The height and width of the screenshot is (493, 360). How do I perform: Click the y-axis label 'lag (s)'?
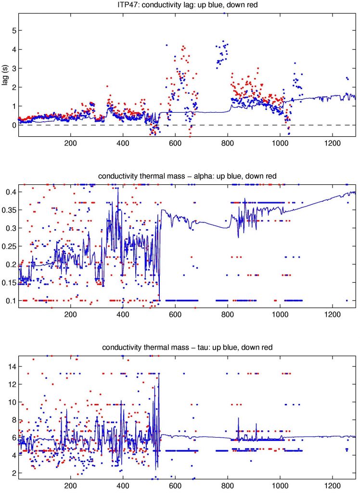(6, 75)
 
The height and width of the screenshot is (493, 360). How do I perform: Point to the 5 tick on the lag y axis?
(13, 30)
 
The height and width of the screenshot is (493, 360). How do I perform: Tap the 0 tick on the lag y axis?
(13, 125)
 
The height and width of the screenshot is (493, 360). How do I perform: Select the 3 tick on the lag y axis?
(13, 68)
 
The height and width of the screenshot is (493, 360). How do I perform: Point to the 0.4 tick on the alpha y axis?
(11, 192)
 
